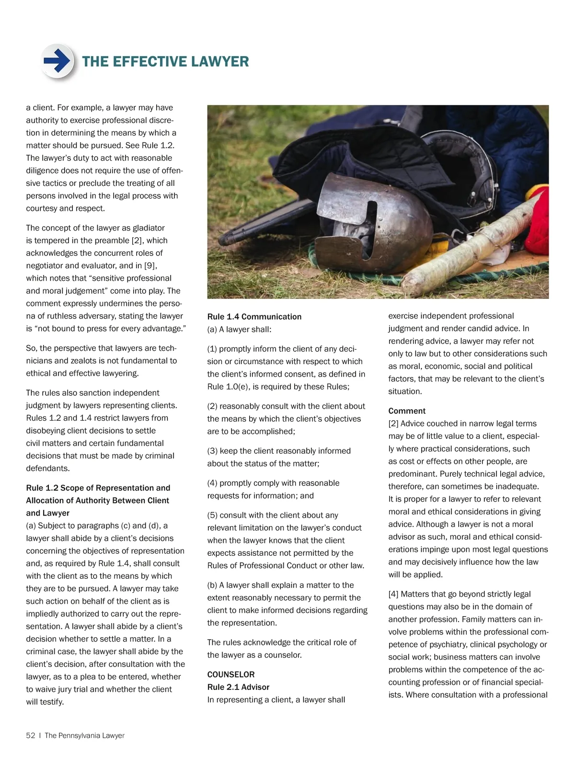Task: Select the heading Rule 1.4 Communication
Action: pyautogui.click(x=254, y=317)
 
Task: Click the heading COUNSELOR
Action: pyautogui.click(x=231, y=674)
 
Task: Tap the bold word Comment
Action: pyautogui.click(x=407, y=411)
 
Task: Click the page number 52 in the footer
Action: pyautogui.click(x=31, y=735)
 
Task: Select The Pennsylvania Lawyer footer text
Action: pyautogui.click(x=84, y=735)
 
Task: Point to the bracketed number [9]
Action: pyautogui.click(x=150, y=265)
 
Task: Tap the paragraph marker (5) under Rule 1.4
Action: pyautogui.click(x=212, y=515)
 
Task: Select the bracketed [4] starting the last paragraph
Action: pyautogui.click(x=393, y=594)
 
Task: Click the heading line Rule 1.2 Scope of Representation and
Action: pyautogui.click(x=98, y=488)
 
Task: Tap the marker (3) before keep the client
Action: pyautogui.click(x=212, y=451)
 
